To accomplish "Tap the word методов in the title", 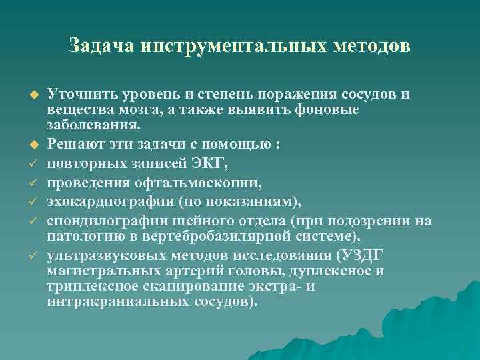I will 375,46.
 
